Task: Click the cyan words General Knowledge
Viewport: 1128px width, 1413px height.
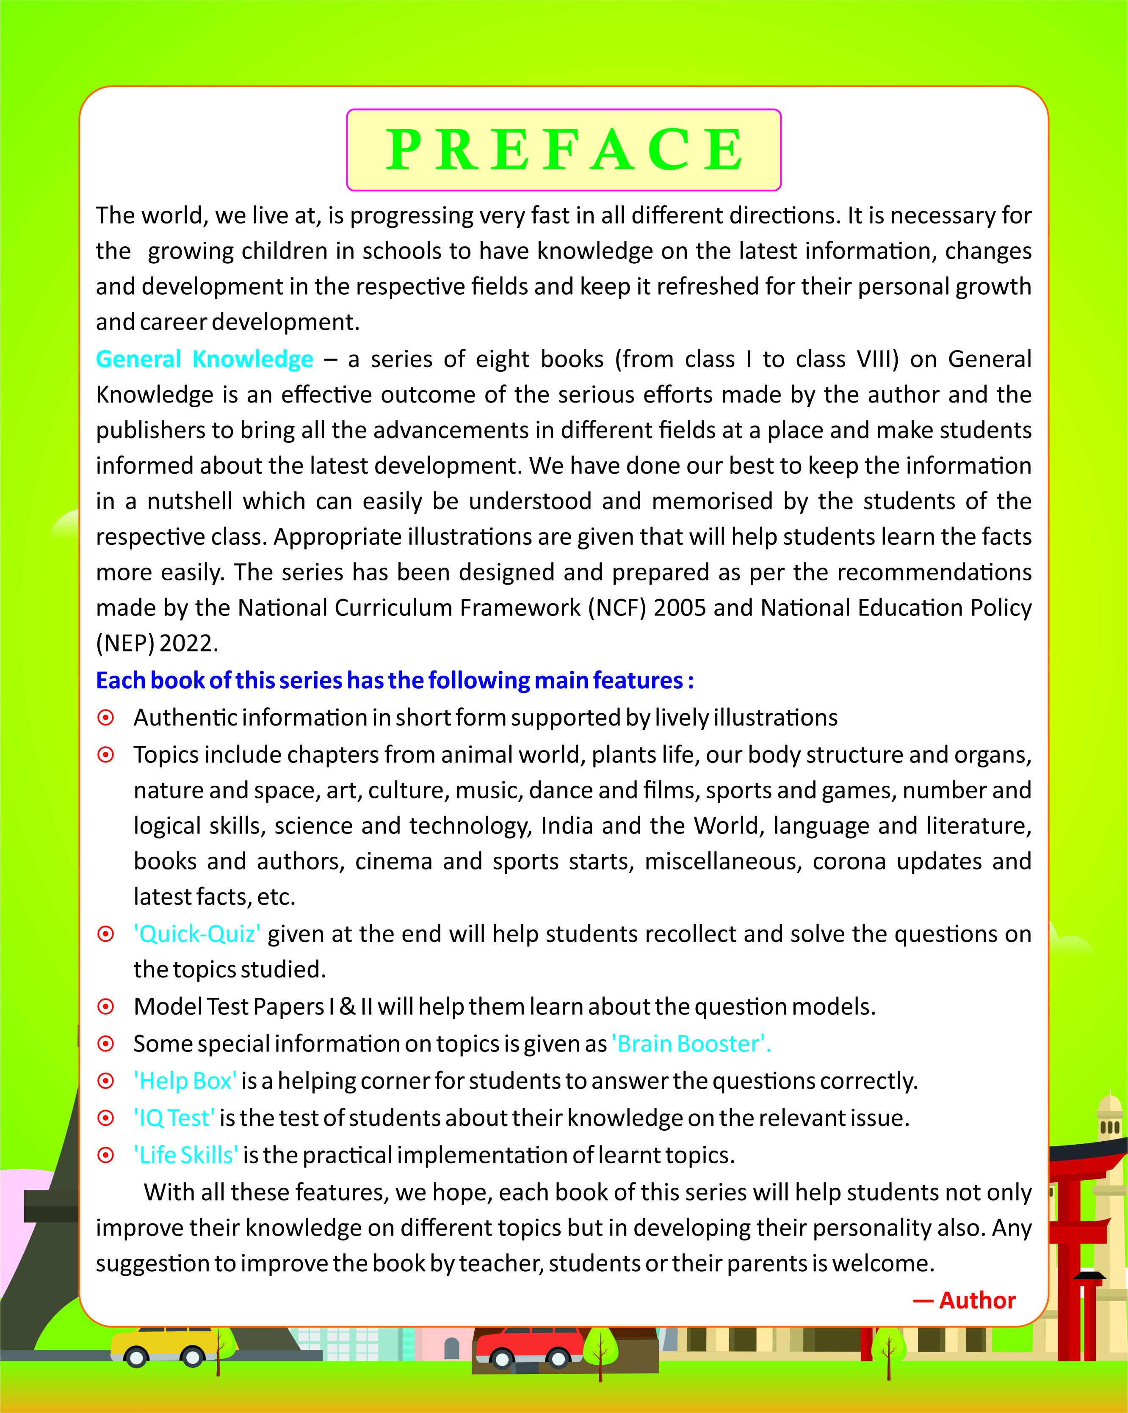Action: tap(205, 359)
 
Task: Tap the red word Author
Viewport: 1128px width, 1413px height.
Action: tap(976, 1300)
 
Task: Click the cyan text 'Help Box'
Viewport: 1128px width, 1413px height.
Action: tap(185, 1081)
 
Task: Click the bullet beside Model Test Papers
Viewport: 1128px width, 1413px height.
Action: tap(105, 1007)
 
